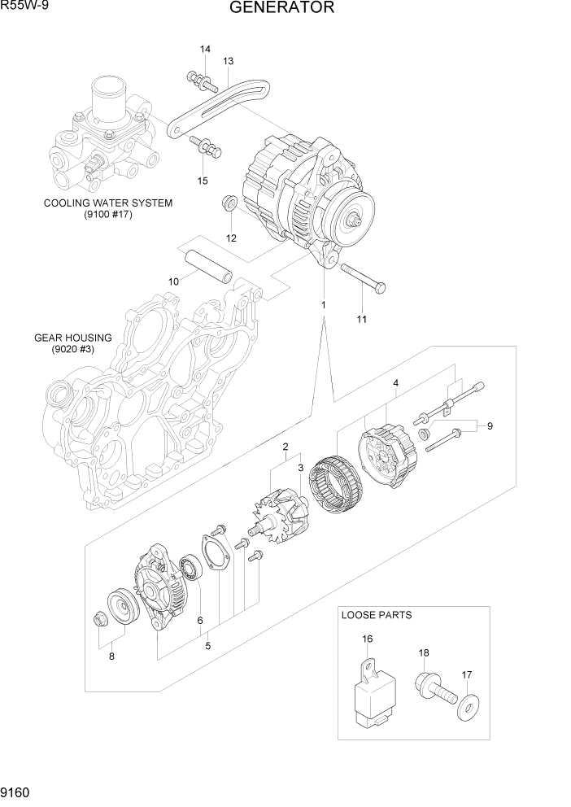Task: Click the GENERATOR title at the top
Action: [x=281, y=9]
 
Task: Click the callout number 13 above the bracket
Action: [x=228, y=61]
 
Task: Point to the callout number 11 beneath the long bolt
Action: [x=362, y=319]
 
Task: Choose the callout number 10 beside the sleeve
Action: [x=173, y=281]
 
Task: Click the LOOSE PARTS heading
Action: [x=376, y=615]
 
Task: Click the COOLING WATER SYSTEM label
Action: [x=108, y=203]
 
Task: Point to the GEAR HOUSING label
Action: [x=72, y=338]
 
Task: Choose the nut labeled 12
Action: [x=229, y=203]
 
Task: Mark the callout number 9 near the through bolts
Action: [x=490, y=425]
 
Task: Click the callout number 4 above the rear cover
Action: [x=395, y=383]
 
